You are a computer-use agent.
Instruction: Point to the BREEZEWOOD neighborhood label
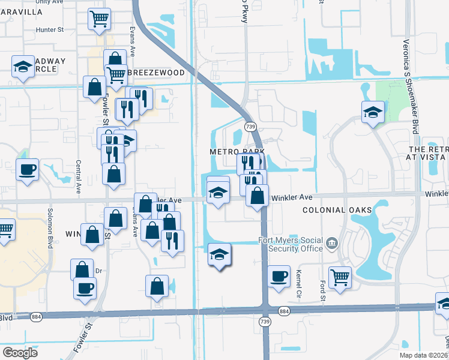[155, 72]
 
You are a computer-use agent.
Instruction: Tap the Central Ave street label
[79, 177]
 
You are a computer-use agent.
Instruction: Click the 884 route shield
[284, 311]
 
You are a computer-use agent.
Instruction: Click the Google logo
[20, 352]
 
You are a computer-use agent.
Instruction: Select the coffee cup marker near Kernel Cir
[279, 276]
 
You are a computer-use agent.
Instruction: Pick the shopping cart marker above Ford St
[340, 277]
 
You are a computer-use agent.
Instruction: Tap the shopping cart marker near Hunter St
[99, 19]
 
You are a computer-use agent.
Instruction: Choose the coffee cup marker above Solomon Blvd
[27, 169]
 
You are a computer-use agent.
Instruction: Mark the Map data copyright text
[424, 355]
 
